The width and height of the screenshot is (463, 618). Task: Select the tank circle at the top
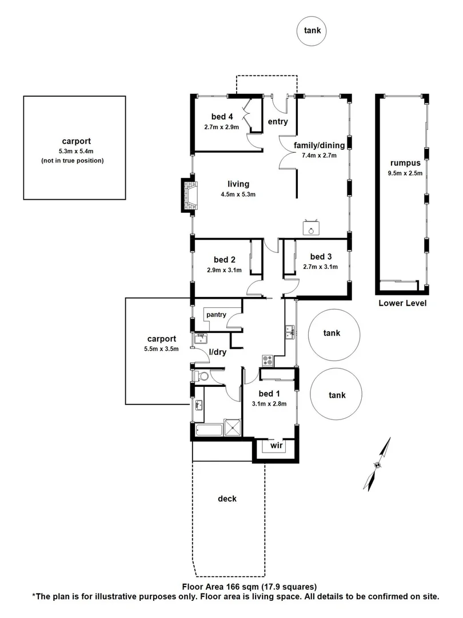click(312, 32)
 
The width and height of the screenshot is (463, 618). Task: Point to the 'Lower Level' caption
click(402, 303)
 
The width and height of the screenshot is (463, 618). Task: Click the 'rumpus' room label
click(402, 162)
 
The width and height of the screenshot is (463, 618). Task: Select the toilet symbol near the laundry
click(199, 375)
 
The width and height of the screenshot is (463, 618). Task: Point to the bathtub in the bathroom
click(207, 430)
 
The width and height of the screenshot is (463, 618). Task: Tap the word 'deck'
click(227, 499)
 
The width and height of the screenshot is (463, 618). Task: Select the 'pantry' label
click(217, 314)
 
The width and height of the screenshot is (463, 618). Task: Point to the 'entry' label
click(278, 122)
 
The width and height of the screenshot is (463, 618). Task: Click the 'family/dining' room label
click(319, 145)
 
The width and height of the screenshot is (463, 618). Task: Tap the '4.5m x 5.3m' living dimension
click(238, 194)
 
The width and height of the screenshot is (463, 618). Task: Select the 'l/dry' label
click(218, 352)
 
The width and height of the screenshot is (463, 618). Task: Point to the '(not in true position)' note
click(73, 161)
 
